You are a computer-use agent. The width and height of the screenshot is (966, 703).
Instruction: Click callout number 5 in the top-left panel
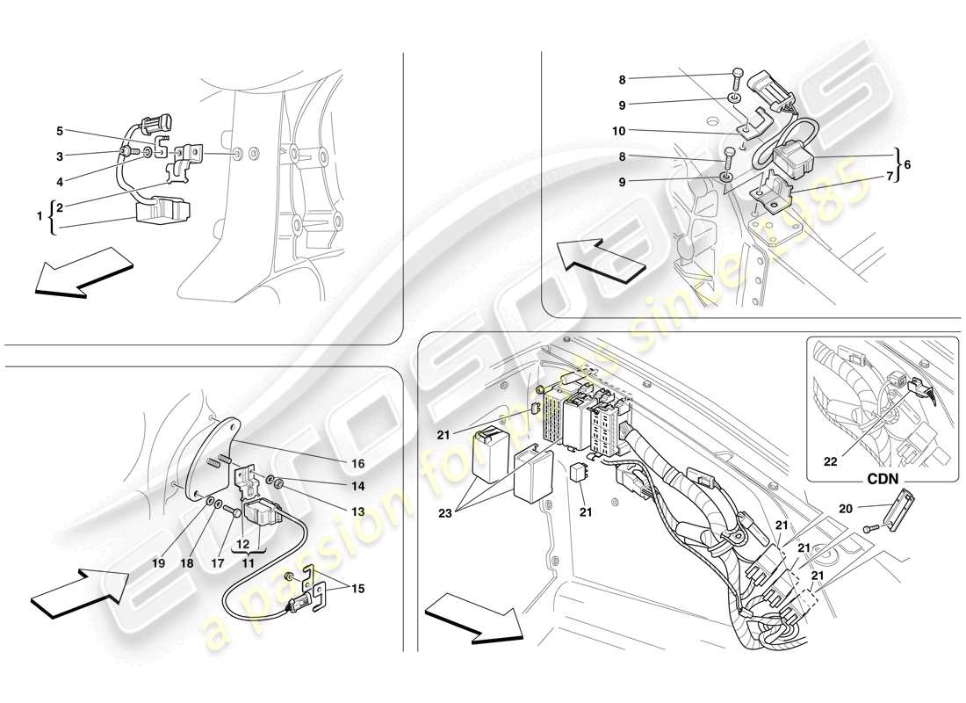(60, 131)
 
